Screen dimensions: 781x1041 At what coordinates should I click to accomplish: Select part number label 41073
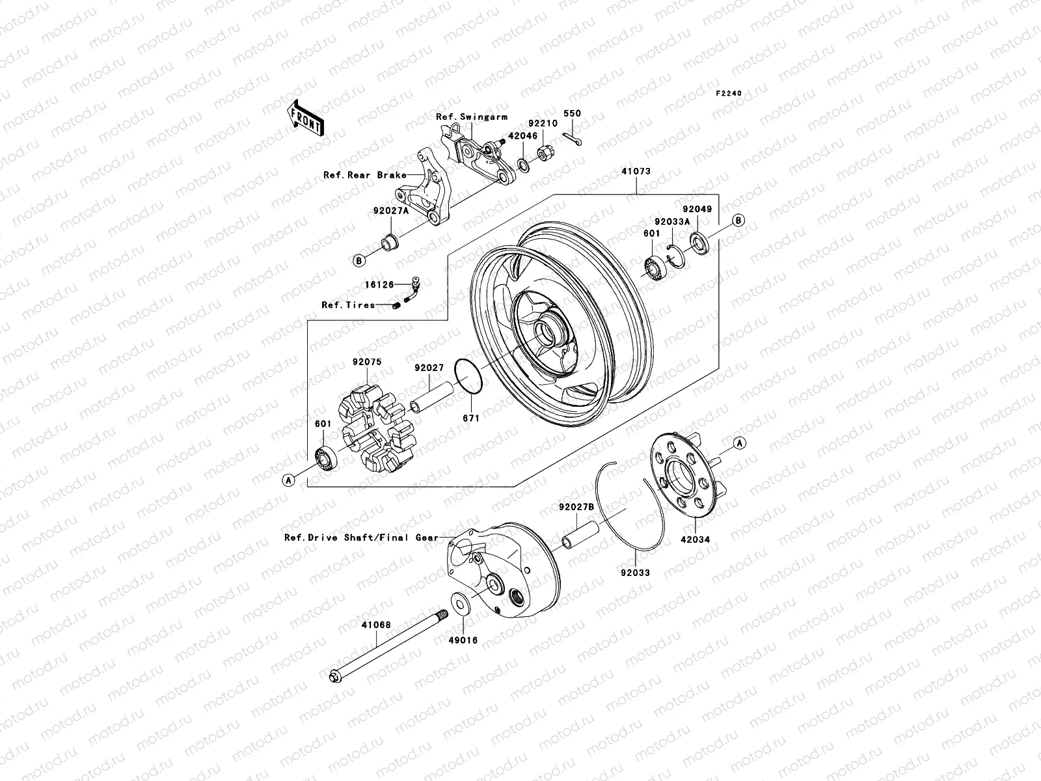coord(636,172)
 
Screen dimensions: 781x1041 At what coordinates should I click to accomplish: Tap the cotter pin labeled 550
coord(575,139)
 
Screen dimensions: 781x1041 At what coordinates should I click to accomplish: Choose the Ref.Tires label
coord(348,305)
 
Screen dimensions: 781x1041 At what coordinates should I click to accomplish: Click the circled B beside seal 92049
coord(738,220)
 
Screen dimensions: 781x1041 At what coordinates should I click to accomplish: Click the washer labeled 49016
coord(461,603)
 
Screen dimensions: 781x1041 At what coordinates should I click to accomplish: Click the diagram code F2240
coord(729,94)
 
